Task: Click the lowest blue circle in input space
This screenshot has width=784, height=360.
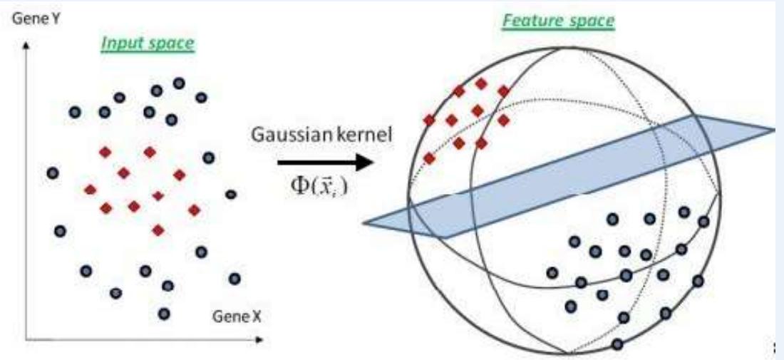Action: [165, 313]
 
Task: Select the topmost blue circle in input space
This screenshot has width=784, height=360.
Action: [179, 83]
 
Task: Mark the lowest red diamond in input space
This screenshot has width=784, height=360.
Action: [158, 230]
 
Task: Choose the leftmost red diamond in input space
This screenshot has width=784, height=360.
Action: [91, 189]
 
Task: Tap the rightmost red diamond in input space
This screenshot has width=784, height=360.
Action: [193, 210]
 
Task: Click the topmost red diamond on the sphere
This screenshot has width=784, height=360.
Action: [481, 83]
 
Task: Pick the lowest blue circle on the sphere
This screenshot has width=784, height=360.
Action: [617, 344]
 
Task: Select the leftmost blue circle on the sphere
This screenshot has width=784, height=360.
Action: [552, 272]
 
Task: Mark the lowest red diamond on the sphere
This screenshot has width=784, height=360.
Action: [429, 158]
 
